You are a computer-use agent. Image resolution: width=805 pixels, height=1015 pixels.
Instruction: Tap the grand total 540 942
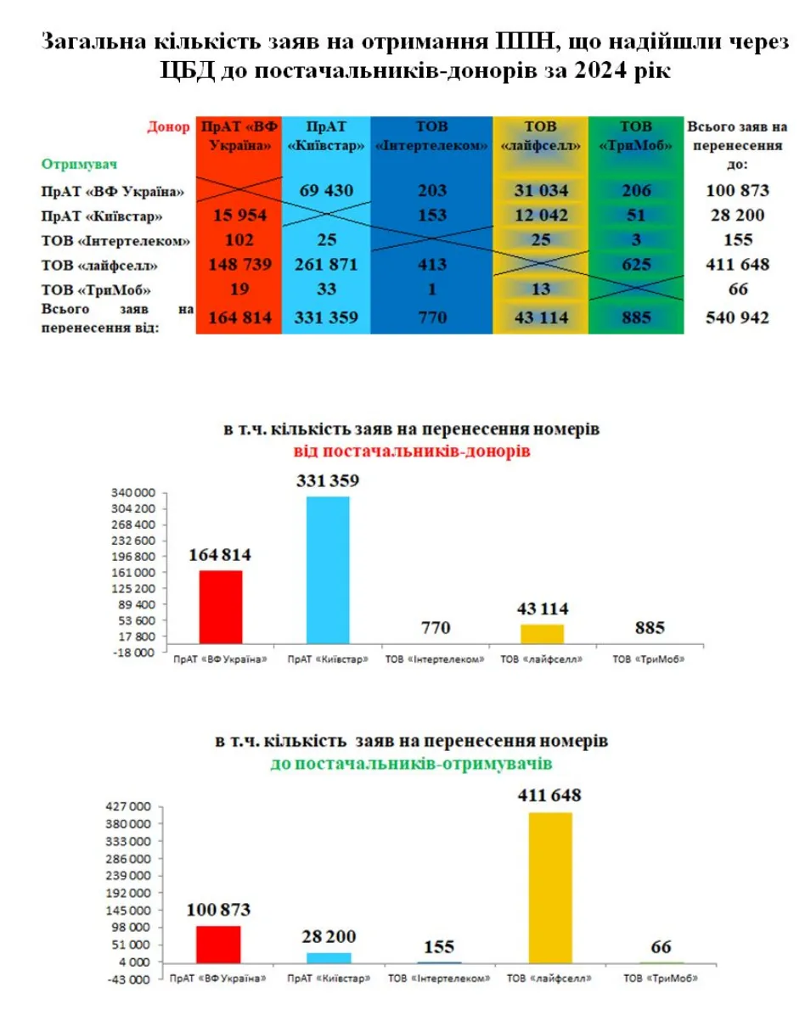pos(737,318)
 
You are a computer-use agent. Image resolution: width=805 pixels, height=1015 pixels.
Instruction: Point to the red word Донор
pos(167,127)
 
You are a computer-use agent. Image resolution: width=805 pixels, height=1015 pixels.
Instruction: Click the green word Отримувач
pos(77,162)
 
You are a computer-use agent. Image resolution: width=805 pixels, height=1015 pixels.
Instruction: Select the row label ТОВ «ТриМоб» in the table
pos(83,290)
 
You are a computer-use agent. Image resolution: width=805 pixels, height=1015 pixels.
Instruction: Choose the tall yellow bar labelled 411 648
pos(549,887)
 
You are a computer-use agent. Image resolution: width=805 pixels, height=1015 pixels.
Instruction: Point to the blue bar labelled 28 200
pos(328,957)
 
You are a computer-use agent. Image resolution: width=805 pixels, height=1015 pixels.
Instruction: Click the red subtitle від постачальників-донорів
pos(412,451)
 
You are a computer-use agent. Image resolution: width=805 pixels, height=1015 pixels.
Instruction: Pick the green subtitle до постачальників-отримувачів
pos(411,764)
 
